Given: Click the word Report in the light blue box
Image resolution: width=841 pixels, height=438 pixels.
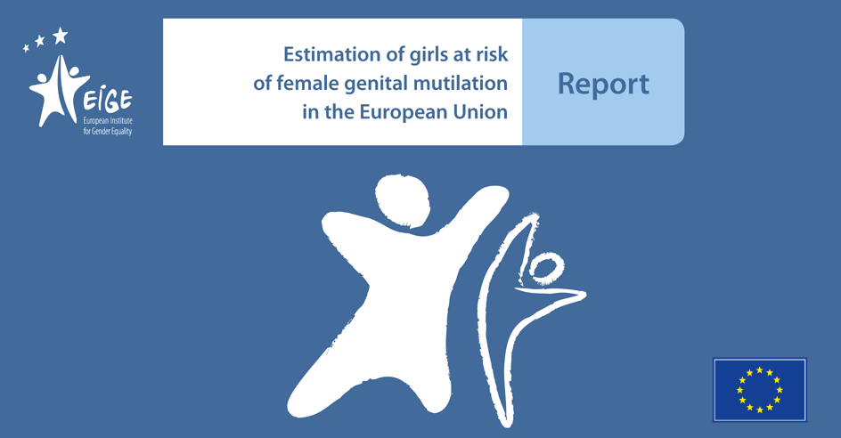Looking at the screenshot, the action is [603, 85].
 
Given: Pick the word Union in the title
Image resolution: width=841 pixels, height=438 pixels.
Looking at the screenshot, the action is [480, 111].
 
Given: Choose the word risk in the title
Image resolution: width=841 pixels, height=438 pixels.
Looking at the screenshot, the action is [491, 54].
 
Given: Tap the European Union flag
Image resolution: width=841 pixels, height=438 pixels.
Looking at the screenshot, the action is [759, 390].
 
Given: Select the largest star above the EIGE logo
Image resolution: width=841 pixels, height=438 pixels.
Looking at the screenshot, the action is [60, 36].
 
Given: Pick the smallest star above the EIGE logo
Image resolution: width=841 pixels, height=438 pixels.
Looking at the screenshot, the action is [26, 48].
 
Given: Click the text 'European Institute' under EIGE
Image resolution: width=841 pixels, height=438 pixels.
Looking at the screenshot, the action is [108, 120].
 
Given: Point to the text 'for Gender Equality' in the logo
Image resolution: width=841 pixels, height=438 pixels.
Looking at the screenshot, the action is [107, 131].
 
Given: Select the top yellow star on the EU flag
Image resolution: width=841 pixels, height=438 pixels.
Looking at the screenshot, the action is [759, 370].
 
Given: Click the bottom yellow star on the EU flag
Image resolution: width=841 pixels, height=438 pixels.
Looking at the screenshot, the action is [759, 410].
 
